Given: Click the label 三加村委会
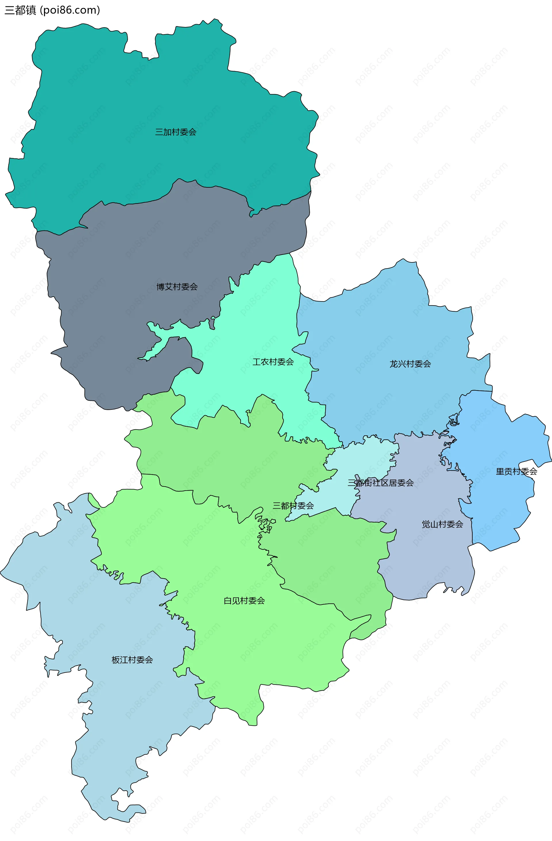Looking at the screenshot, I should click(176, 132).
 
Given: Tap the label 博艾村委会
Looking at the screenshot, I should click(177, 287).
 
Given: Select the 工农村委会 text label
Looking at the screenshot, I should click(273, 362).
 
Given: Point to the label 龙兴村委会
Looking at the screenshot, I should click(410, 364).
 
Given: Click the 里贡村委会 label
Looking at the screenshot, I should click(516, 471).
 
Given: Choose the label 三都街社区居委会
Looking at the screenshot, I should click(381, 483).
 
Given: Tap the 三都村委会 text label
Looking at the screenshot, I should click(293, 506).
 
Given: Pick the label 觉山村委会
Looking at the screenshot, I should click(442, 525).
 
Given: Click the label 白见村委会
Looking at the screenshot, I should click(244, 601).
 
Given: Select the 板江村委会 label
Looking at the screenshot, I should click(132, 660).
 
